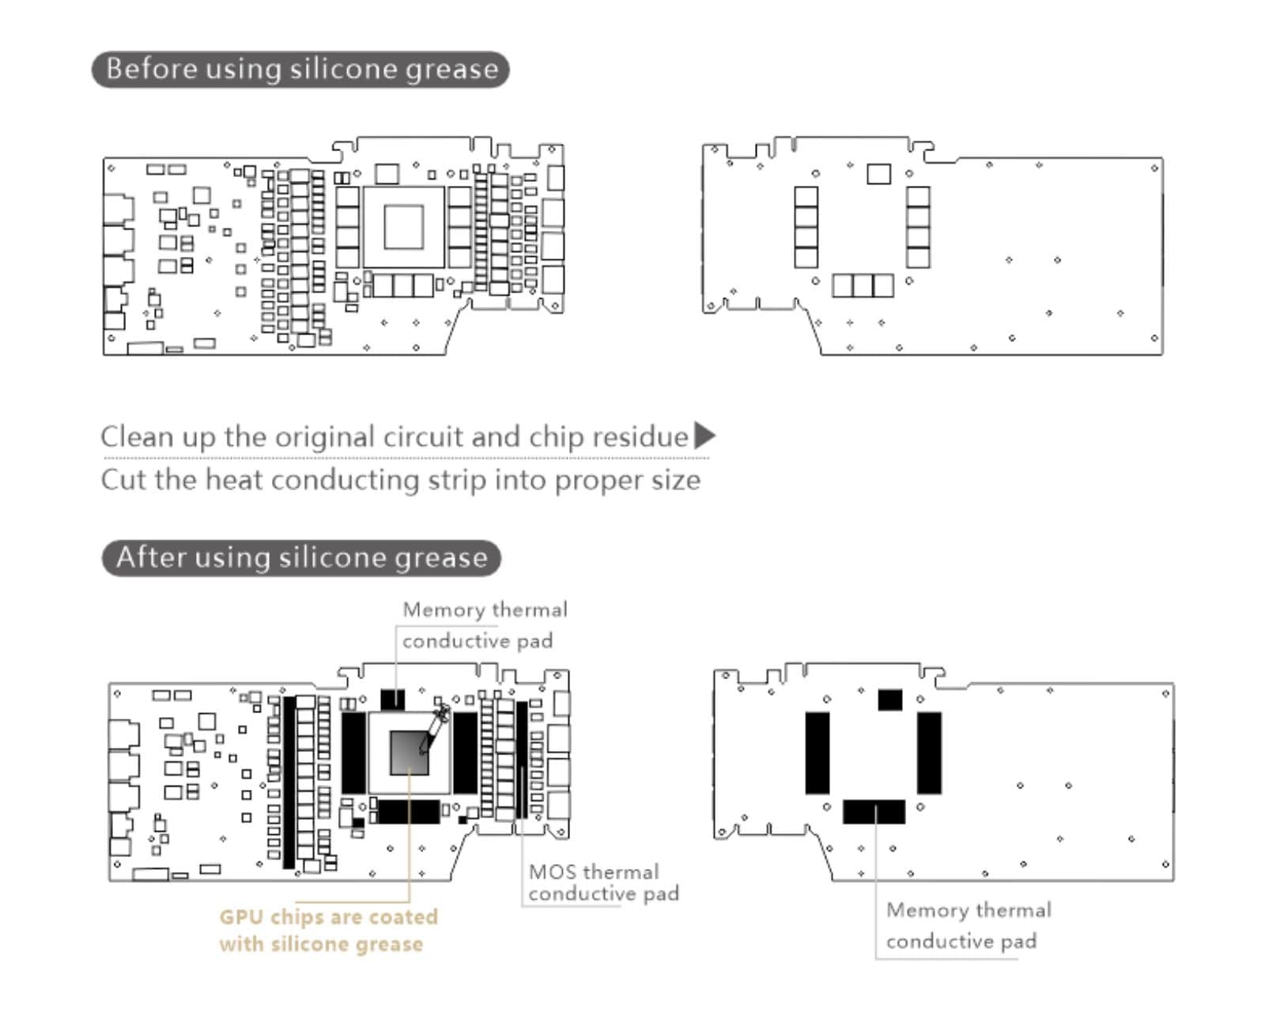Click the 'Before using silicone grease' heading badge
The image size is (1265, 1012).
(x=300, y=70)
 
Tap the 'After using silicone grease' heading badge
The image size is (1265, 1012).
(x=301, y=558)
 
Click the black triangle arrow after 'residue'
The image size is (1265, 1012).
(x=704, y=436)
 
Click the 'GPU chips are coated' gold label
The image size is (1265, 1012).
(x=328, y=917)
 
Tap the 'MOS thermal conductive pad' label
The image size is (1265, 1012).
(x=603, y=882)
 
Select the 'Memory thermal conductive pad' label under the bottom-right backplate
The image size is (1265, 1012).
(x=969, y=925)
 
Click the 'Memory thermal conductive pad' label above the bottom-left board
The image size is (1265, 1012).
(x=485, y=625)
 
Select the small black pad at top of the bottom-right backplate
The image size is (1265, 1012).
(x=889, y=700)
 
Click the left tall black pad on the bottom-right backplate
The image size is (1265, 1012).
(x=818, y=753)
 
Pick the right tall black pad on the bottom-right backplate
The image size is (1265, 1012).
(x=929, y=753)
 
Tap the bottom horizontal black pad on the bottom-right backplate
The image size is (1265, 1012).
(x=874, y=811)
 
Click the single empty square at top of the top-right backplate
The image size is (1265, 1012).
(x=878, y=173)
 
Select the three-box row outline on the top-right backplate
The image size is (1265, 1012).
(x=863, y=285)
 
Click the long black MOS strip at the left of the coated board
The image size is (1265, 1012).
(x=289, y=781)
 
